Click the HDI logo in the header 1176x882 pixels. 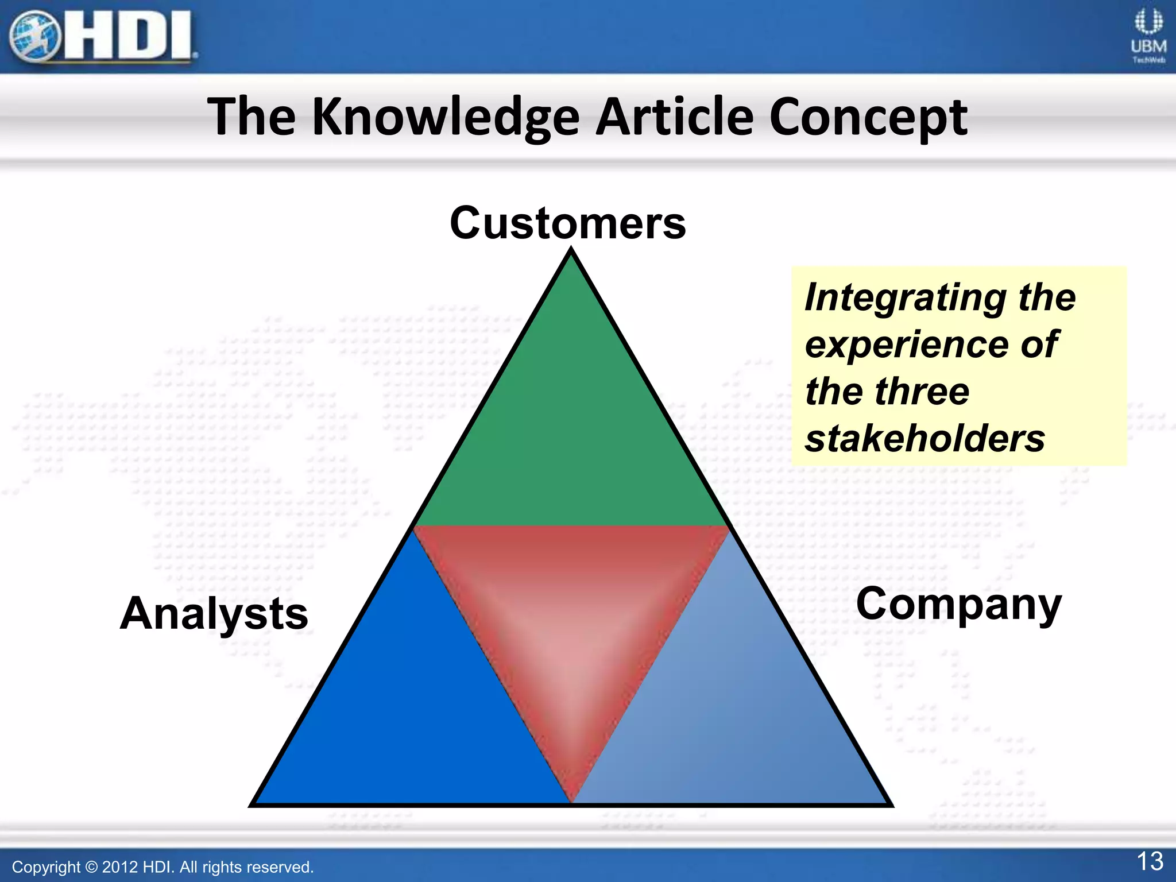tap(103, 37)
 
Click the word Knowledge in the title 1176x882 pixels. tap(446, 118)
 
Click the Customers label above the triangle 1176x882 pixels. tap(567, 223)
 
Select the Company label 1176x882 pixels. tap(958, 605)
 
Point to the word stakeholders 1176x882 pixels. tap(924, 439)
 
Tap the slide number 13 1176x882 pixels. tap(1150, 861)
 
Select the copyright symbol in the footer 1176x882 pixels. tap(91, 867)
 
